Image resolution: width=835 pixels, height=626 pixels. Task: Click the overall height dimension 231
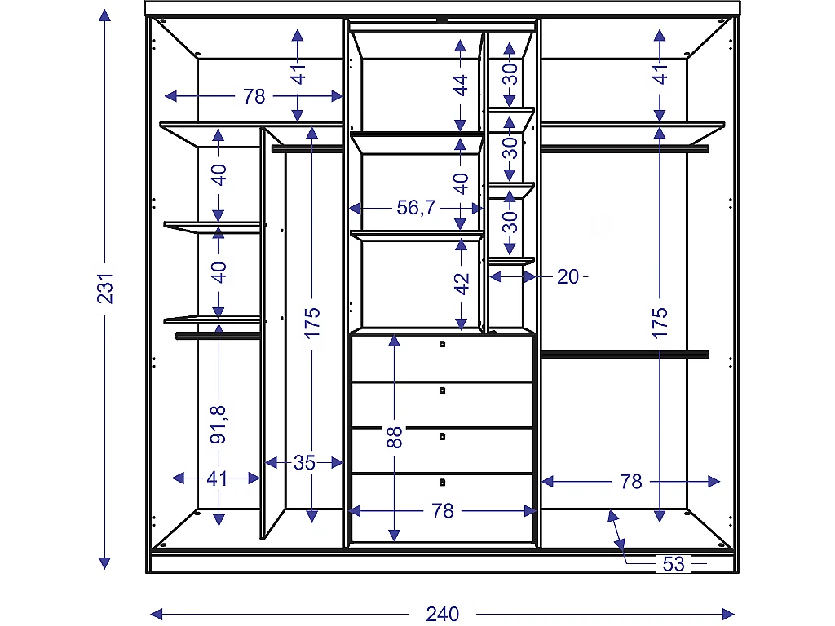point(105,286)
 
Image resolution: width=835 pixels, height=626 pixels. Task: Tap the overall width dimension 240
point(442,613)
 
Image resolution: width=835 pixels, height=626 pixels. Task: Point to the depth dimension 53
point(674,563)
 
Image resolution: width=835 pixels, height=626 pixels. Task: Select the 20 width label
point(568,277)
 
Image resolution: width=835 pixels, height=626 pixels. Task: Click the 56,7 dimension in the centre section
point(416,208)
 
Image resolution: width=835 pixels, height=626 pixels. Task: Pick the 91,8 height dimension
point(218,424)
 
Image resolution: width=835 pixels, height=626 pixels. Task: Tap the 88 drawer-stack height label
point(395,437)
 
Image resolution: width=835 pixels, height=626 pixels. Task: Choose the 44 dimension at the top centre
point(462,85)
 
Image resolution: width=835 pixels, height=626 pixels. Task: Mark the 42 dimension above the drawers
point(462,283)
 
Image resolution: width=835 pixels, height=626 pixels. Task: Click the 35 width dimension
point(304,463)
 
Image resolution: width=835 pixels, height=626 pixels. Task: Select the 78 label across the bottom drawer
point(442,511)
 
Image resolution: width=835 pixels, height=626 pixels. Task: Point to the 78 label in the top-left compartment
point(254,96)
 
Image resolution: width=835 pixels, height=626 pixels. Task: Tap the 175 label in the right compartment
point(660,323)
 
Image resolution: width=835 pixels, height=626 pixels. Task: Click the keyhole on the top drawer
point(442,345)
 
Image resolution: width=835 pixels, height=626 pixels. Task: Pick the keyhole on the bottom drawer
point(442,482)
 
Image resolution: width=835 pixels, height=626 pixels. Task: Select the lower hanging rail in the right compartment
point(625,355)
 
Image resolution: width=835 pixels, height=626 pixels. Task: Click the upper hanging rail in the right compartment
point(625,148)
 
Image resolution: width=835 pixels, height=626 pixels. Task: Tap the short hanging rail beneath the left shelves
point(218,334)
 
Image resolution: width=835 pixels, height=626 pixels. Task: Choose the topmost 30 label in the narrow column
point(510,74)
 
